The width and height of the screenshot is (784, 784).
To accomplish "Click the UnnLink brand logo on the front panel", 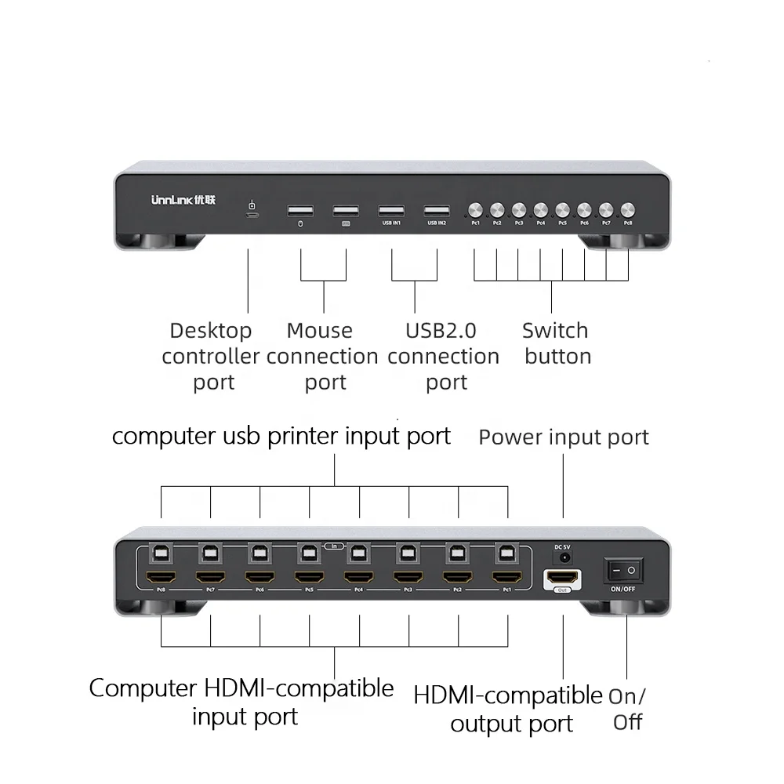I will (183, 200).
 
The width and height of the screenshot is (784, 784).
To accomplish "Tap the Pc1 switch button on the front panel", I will (475, 210).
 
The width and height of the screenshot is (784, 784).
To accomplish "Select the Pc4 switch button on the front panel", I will (541, 210).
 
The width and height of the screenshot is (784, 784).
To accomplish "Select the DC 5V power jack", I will (562, 557).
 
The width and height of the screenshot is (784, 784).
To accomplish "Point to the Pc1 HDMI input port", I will (507, 579).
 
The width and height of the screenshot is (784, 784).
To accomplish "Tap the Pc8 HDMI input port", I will (161, 579).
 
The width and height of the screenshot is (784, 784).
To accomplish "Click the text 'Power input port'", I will (564, 437).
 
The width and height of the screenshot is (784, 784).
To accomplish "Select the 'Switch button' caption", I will (556, 343).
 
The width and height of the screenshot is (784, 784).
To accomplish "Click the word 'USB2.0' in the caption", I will (441, 331).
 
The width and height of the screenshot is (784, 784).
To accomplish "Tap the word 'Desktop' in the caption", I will (211, 331).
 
